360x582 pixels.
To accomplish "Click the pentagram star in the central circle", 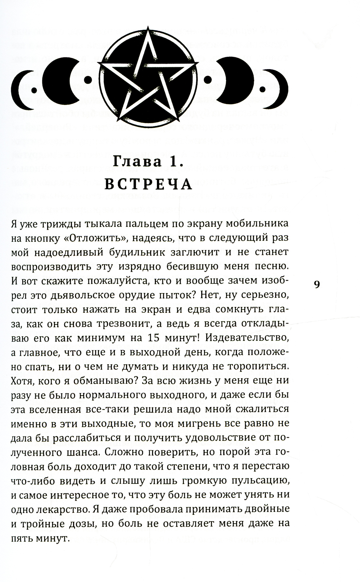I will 148,78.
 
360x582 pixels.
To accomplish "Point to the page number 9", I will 316,284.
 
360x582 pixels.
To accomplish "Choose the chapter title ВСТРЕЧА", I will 148,184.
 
